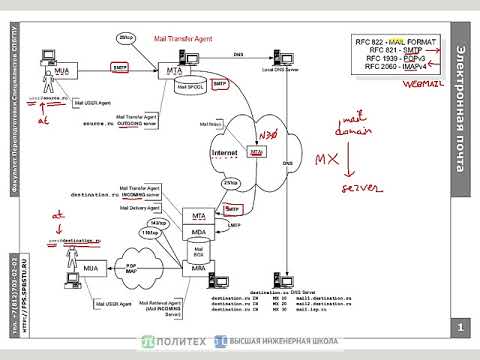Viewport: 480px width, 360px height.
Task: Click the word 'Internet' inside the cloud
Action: click(x=226, y=152)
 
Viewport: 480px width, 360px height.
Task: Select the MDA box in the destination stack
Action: click(x=200, y=232)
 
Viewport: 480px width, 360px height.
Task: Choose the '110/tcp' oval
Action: click(x=150, y=233)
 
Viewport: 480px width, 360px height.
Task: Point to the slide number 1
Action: click(x=460, y=327)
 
